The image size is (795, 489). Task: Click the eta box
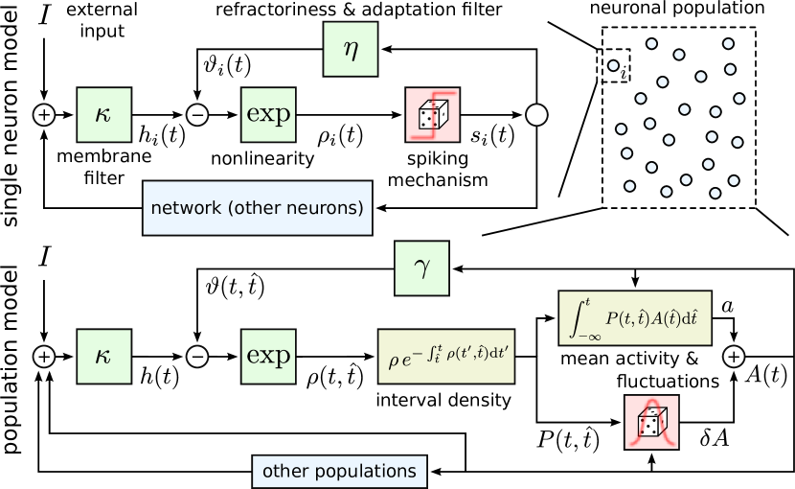pos(351,50)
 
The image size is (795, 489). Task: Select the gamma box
pos(422,268)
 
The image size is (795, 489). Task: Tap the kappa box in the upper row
pos(103,115)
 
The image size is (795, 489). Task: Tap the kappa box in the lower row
pos(103,356)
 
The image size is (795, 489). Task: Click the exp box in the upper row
pos(268,115)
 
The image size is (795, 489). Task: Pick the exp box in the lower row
pos(268,356)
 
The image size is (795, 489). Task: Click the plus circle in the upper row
pos(44,115)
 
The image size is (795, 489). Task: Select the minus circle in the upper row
pos(197,115)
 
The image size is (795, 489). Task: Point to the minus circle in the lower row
pos(197,356)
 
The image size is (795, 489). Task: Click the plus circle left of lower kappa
pos(44,356)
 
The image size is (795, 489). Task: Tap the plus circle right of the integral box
pos(734,356)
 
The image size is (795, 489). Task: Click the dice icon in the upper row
pos(433,115)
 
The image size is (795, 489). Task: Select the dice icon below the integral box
pos(651,422)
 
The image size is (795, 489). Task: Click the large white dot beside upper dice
pos(536,115)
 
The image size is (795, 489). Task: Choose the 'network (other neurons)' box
pos(258,207)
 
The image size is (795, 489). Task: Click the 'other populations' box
pos(339,471)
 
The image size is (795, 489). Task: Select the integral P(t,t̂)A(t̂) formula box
pos(635,318)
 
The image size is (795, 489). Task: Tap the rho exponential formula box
pos(446,357)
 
